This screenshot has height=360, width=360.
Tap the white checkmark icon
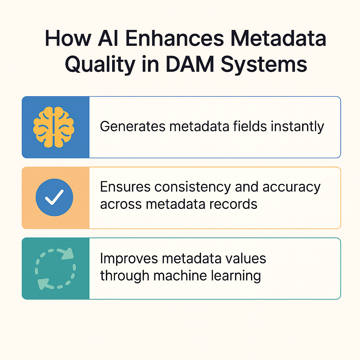tap(54, 197)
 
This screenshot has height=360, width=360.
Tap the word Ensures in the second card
tap(123, 187)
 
